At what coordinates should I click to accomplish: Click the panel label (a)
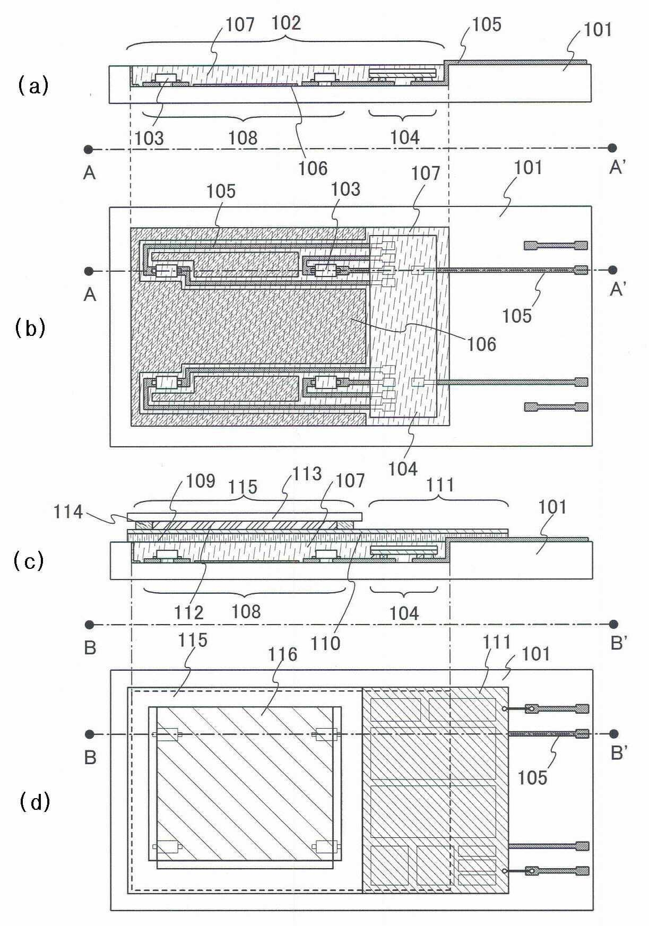[33, 85]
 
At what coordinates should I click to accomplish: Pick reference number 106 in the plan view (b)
[482, 344]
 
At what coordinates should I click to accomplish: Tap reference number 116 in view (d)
[282, 654]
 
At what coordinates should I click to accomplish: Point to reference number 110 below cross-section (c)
[325, 643]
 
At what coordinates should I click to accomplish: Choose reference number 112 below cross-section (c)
[189, 612]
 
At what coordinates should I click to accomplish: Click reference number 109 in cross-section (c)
[200, 481]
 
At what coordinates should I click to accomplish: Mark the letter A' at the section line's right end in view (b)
[618, 289]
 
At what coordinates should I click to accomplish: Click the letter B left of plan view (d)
[90, 757]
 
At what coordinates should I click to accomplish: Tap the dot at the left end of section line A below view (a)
[89, 149]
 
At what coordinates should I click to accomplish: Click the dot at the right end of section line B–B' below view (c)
[614, 624]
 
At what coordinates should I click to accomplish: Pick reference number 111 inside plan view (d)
[497, 642]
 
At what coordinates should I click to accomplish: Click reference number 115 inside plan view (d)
[192, 640]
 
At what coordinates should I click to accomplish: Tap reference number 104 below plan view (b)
[403, 468]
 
